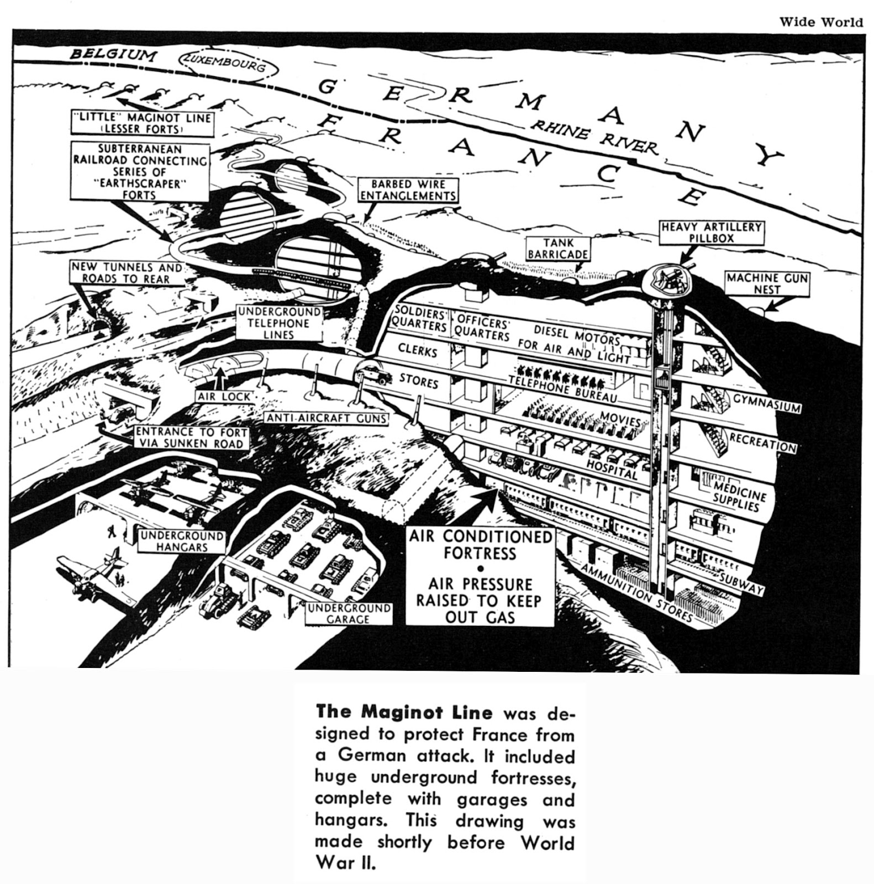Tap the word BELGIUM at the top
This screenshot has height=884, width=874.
tap(114, 54)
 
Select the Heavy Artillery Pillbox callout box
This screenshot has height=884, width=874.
tap(712, 233)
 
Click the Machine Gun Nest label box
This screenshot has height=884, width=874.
tap(767, 283)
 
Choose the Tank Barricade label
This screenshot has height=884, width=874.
tap(558, 248)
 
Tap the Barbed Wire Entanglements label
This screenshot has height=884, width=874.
tap(408, 190)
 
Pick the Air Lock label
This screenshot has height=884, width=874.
tap(223, 397)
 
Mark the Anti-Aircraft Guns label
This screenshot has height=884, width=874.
tap(327, 418)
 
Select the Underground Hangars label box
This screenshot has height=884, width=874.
tap(182, 541)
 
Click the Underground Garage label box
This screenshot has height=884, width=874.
tap(349, 614)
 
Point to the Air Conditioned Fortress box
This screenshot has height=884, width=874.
tap(480, 577)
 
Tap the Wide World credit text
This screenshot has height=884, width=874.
tap(820, 22)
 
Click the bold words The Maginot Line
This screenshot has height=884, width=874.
tap(403, 712)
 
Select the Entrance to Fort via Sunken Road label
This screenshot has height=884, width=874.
tap(190, 438)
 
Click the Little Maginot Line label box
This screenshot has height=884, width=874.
tap(142, 123)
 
